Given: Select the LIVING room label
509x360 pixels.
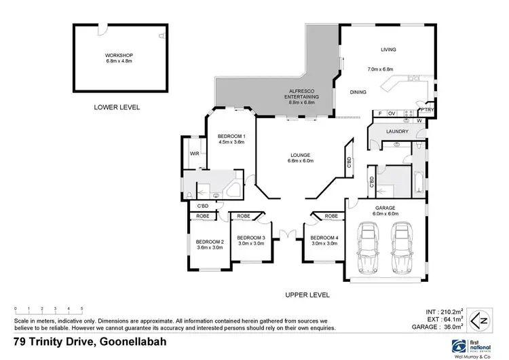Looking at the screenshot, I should [388, 49].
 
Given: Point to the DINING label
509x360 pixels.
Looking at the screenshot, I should [358, 92].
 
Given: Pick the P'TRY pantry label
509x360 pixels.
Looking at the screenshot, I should [427, 109].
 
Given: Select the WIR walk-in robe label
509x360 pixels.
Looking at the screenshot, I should [194, 154].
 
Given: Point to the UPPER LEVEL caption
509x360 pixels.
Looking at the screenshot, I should [307, 295].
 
